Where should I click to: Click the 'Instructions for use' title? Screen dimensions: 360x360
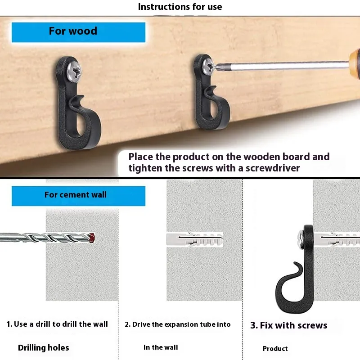coord(180,7)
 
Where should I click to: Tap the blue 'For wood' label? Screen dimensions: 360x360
coord(78,32)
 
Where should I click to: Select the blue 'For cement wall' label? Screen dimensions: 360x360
coord(78,196)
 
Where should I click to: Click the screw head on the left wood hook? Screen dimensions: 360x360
coord(74,72)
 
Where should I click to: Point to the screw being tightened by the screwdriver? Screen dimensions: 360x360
coord(208,66)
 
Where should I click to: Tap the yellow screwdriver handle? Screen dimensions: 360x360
coord(355,64)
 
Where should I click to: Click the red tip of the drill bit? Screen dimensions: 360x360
coord(92,238)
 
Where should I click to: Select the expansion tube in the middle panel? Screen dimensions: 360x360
coord(195,239)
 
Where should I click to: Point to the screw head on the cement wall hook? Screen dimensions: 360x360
coord(301,240)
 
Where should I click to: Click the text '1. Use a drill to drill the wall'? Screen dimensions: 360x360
coord(57,324)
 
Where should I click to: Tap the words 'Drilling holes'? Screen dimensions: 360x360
coord(43,347)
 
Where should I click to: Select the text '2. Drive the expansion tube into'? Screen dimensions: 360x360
coord(178,324)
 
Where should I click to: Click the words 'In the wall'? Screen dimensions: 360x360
coord(161,347)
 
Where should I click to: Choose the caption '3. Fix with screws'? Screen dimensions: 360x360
coord(289,325)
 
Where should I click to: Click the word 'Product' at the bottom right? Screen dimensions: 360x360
coord(275,348)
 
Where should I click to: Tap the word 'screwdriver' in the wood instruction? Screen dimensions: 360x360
coord(273,168)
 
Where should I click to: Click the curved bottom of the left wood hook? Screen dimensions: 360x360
coord(78,142)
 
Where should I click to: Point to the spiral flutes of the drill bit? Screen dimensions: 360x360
coord(55,238)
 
